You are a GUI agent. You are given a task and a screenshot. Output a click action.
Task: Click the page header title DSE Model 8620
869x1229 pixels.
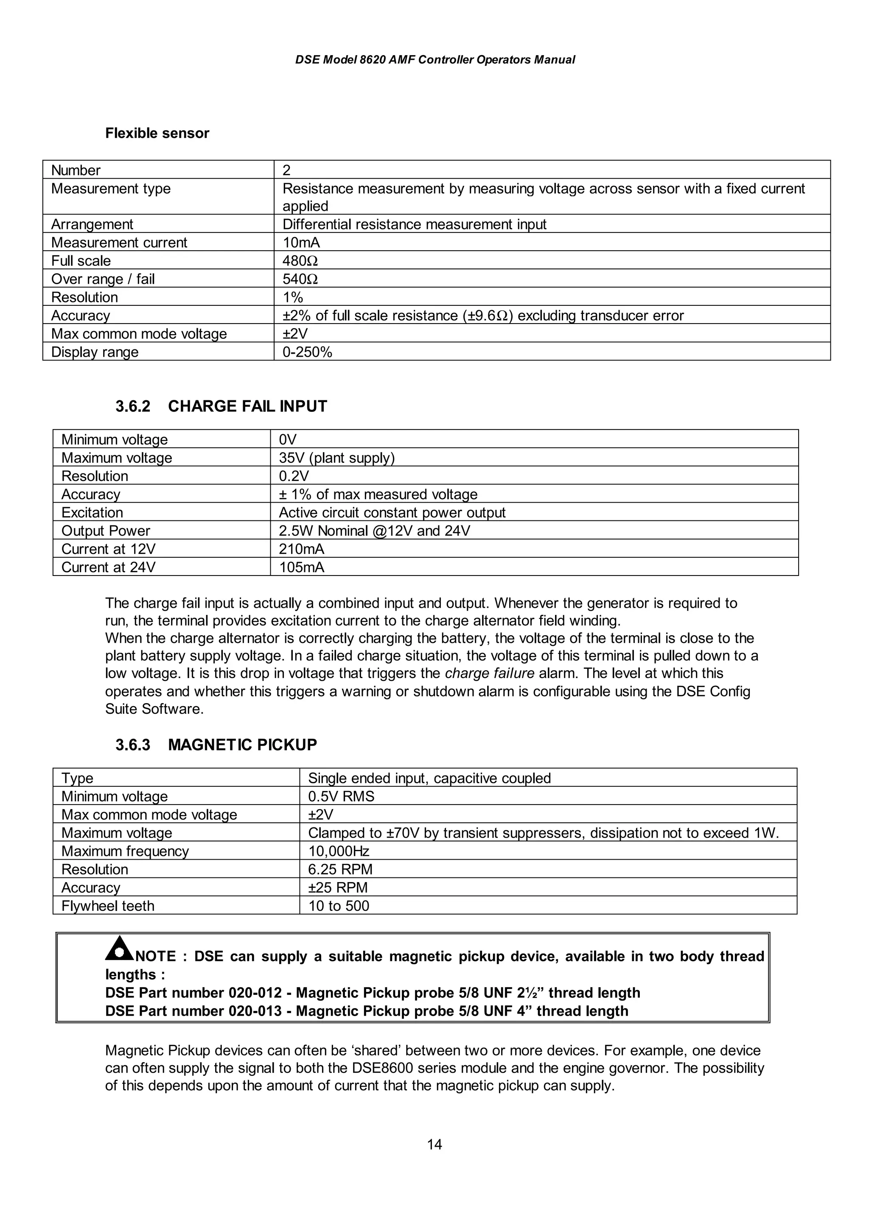[x=435, y=60]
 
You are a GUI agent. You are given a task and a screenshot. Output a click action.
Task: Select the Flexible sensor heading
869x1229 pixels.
[x=157, y=133]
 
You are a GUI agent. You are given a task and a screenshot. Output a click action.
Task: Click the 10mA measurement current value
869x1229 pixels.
[x=301, y=243]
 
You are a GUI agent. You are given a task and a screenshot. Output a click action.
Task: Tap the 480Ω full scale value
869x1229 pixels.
[x=300, y=261]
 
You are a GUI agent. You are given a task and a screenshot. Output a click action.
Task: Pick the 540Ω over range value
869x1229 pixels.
[x=300, y=279]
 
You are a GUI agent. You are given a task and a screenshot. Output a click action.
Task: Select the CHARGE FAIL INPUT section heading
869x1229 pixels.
[x=247, y=406]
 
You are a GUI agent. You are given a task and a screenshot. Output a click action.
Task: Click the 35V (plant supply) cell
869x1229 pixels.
[x=336, y=458]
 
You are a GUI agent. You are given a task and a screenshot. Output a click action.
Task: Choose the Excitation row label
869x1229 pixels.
[x=92, y=512]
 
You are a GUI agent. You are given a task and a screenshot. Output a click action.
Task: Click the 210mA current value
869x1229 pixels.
[x=301, y=549]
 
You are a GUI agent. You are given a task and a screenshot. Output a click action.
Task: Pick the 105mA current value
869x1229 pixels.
[x=301, y=567]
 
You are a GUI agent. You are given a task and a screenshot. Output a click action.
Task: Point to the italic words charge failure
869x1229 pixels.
[x=489, y=673]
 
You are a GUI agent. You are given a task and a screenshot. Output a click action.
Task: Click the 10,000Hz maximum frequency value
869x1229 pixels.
[x=338, y=851]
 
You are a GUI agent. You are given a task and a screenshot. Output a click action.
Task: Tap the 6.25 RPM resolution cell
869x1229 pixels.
[x=340, y=869]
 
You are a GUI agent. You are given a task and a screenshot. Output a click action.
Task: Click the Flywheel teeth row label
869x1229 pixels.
[x=108, y=906]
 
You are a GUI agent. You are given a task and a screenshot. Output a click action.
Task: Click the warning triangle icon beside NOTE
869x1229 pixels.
[x=119, y=949]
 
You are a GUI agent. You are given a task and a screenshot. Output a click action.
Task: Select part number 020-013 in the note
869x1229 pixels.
[x=255, y=1011]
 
